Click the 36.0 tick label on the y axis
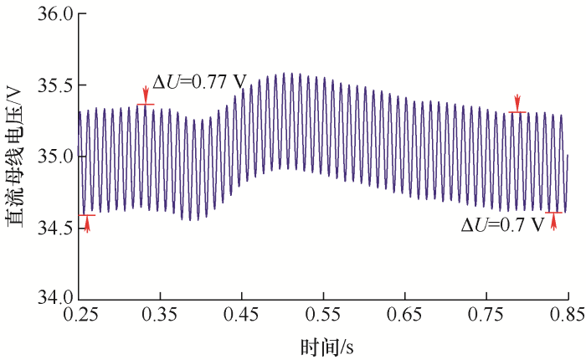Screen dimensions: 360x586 pyautogui.click(x=53, y=15)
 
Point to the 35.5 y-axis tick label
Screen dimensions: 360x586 pyautogui.click(x=53, y=86)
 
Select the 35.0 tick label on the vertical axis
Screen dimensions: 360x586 pyautogui.click(x=53, y=157)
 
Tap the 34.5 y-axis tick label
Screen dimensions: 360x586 pyautogui.click(x=53, y=228)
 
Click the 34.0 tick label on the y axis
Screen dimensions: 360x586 pyautogui.click(x=53, y=298)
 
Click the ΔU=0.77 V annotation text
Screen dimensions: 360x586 pyautogui.click(x=199, y=82)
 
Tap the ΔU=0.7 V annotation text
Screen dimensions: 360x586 pyautogui.click(x=502, y=226)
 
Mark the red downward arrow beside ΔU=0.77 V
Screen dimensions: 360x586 pyautogui.click(x=146, y=95)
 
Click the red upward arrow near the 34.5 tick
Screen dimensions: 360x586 pyautogui.click(x=87, y=224)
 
